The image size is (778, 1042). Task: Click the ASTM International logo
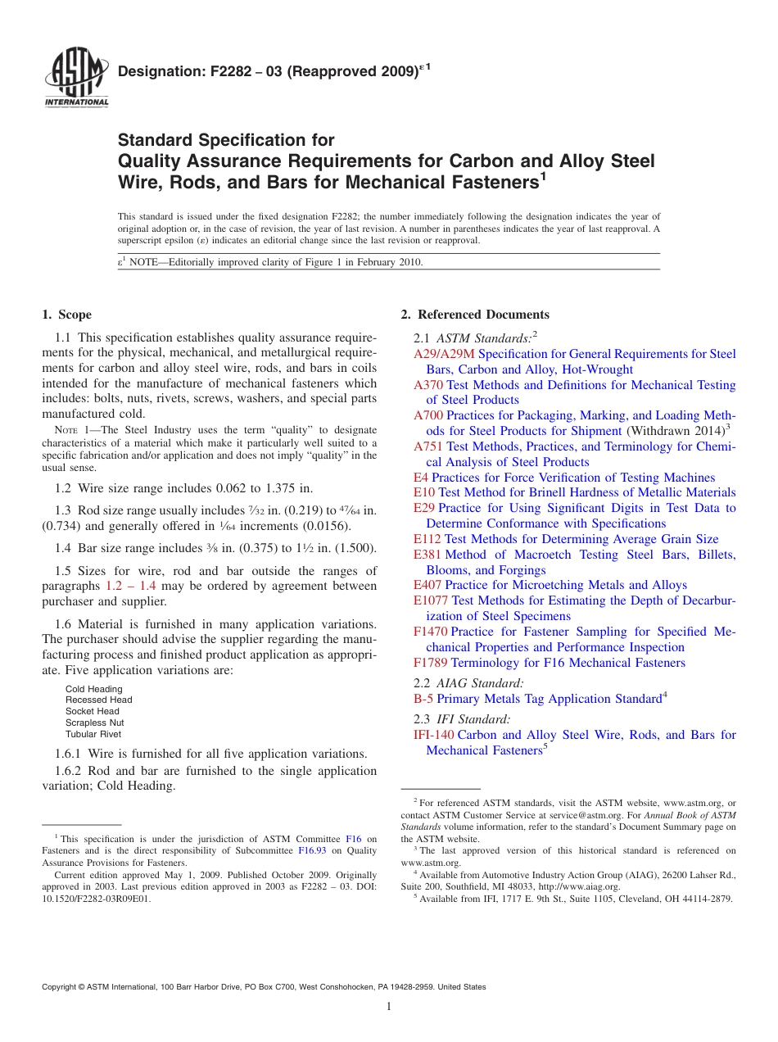pos(76,79)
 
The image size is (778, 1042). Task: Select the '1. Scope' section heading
pos(67,315)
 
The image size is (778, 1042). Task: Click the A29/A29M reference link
pos(444,354)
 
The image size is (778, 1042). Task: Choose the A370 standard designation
pos(428,385)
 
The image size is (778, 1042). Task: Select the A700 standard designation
pos(428,415)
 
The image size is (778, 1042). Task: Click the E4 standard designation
pos(421,478)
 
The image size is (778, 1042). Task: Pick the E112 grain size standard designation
pos(427,539)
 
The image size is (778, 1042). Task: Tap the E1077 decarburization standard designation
pos(431,600)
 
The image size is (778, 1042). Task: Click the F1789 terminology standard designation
pos(431,663)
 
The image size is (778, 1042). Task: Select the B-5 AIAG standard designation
pos(423,699)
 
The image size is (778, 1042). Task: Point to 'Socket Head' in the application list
pos(93,711)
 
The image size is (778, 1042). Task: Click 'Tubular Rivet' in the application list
pos(93,734)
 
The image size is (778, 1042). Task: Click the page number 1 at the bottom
pos(389,1008)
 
